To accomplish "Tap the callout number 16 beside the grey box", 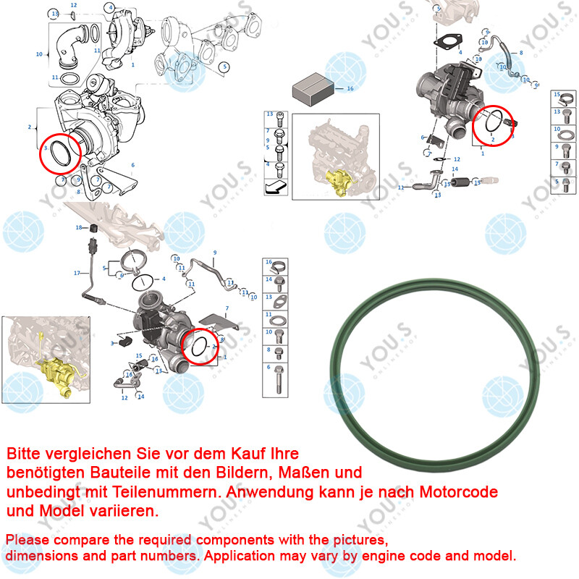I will pyautogui.click(x=350, y=88).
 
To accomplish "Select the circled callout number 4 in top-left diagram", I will pyautogui.click(x=109, y=7).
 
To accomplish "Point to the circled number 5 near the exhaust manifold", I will pyautogui.click(x=225, y=67).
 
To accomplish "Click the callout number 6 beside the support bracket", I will pyautogui.click(x=132, y=165).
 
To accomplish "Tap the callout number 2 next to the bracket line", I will pyautogui.click(x=30, y=127).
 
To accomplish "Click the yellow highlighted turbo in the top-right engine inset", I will pyautogui.click(x=337, y=181).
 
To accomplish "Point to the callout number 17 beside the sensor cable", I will pyautogui.click(x=76, y=273).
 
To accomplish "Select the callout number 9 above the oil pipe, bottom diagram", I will pyautogui.click(x=214, y=252).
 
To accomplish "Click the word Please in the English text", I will pyautogui.click(x=28, y=541).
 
